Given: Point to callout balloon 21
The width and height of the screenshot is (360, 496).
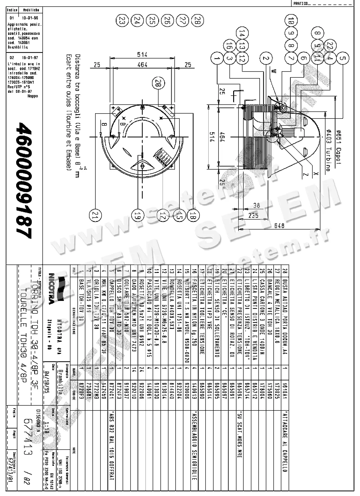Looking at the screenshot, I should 95,215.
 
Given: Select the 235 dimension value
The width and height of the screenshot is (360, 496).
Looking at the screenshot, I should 254,216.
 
